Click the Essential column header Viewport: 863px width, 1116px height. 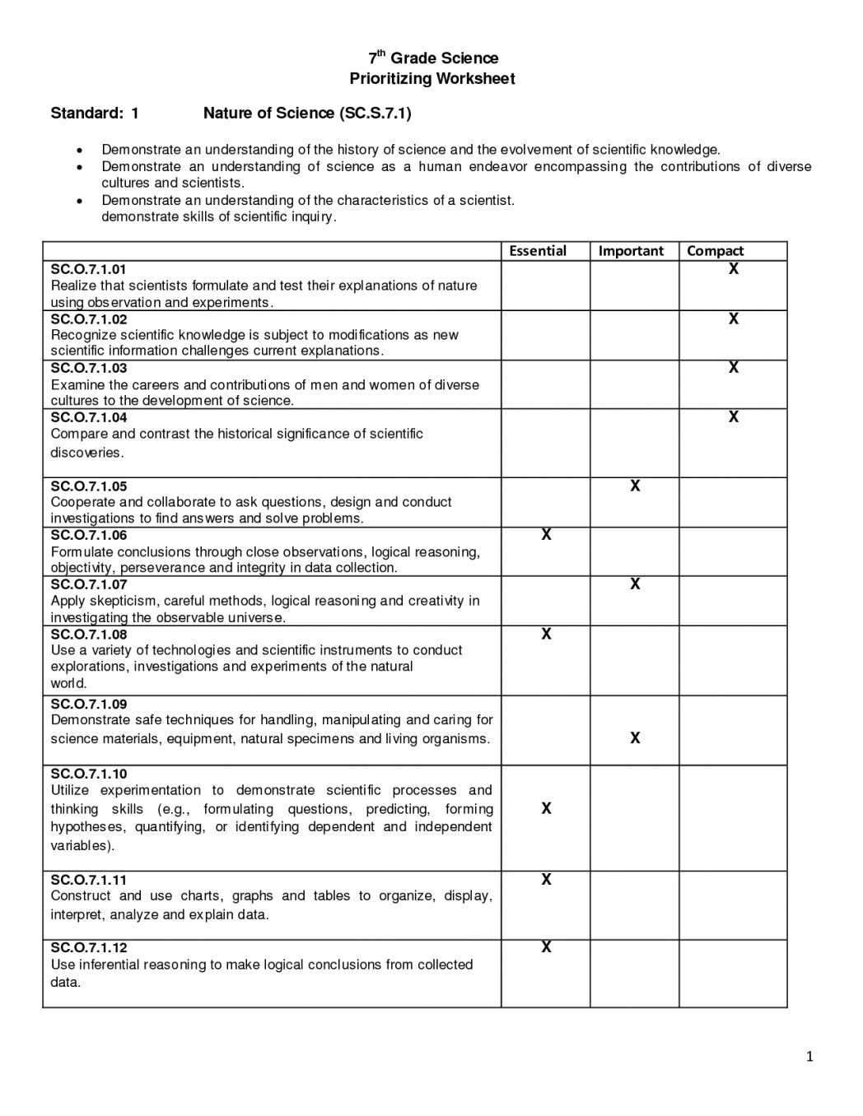[538, 251]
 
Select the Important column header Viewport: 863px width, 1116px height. [631, 251]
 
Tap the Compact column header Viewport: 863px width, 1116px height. [715, 251]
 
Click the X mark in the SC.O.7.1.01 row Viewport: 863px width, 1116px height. [734, 269]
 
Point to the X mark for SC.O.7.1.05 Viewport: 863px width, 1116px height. [635, 486]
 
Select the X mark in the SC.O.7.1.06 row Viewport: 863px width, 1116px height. [546, 535]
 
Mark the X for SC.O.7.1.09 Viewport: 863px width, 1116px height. [635, 738]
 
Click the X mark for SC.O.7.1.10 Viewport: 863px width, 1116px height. [546, 809]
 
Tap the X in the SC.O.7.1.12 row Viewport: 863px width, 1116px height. [546, 947]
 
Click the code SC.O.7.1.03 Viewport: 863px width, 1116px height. [89, 368]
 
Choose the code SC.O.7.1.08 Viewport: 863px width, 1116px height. [89, 635]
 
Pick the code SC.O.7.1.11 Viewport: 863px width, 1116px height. [89, 880]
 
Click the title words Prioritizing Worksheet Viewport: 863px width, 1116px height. [432, 79]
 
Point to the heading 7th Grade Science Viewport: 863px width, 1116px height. [433, 58]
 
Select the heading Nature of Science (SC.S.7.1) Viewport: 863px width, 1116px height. [307, 114]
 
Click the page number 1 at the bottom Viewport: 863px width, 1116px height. [809, 1057]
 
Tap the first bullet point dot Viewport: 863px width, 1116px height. [79, 151]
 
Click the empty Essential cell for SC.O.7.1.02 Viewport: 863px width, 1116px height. [546, 335]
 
